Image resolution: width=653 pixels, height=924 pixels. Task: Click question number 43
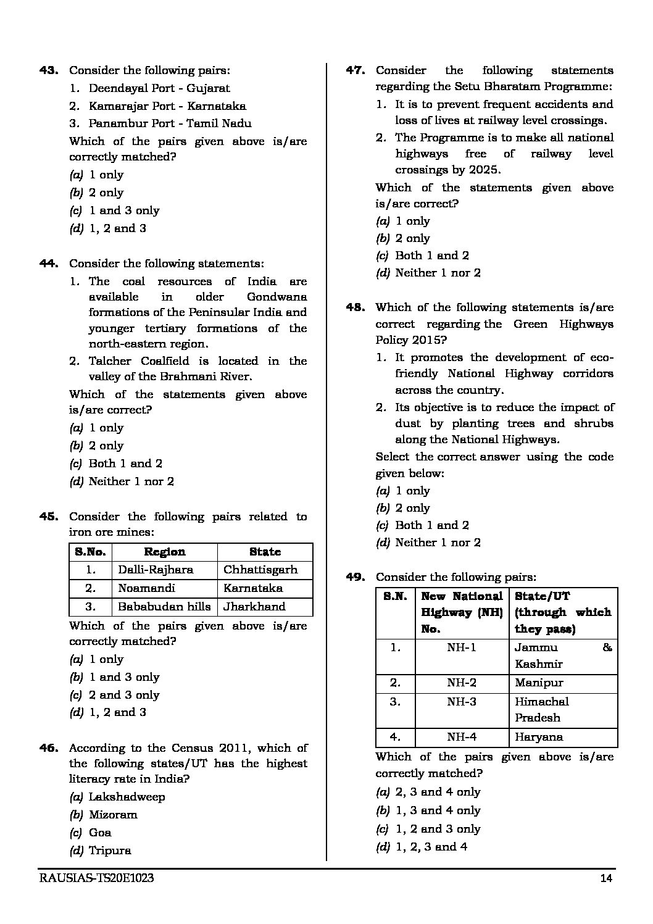(x=49, y=70)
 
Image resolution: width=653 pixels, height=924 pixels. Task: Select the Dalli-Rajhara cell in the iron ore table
(x=156, y=570)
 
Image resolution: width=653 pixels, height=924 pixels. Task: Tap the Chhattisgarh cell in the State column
(x=260, y=570)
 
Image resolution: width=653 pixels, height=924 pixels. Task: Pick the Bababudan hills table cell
(x=164, y=607)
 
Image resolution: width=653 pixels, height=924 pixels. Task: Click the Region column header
(x=164, y=552)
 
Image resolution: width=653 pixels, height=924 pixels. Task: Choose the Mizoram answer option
(x=113, y=815)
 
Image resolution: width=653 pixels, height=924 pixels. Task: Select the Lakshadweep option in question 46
(x=127, y=797)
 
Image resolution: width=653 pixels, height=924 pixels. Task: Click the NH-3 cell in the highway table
(x=462, y=702)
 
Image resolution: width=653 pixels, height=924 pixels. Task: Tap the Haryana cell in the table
(x=539, y=737)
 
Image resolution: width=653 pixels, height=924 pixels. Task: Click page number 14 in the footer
(x=605, y=879)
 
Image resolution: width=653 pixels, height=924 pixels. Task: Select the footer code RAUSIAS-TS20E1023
(x=96, y=879)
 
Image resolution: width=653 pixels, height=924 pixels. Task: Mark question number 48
(x=356, y=307)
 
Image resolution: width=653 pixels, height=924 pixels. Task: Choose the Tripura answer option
(x=110, y=851)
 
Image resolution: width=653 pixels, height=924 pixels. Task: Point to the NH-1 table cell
(x=462, y=647)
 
